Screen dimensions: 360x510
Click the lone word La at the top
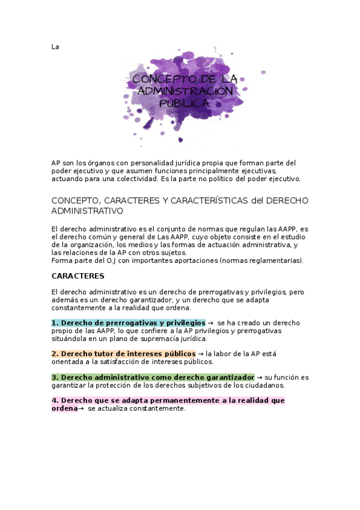tap(55, 46)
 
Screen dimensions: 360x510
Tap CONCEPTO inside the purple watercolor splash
tap(157, 79)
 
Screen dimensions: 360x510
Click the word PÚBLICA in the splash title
tap(185, 103)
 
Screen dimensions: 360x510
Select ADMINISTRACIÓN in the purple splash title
tap(185, 91)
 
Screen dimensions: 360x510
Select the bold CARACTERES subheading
tap(78, 276)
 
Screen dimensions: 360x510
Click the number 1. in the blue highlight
tap(55, 323)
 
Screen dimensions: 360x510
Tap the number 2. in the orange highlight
tap(55, 354)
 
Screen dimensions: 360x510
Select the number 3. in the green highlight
tap(55, 377)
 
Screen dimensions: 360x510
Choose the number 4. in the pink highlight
tap(55, 401)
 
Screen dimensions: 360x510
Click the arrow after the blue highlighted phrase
tap(210, 323)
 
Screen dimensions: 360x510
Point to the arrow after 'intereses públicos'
tap(200, 354)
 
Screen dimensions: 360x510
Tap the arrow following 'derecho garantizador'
tap(259, 377)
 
